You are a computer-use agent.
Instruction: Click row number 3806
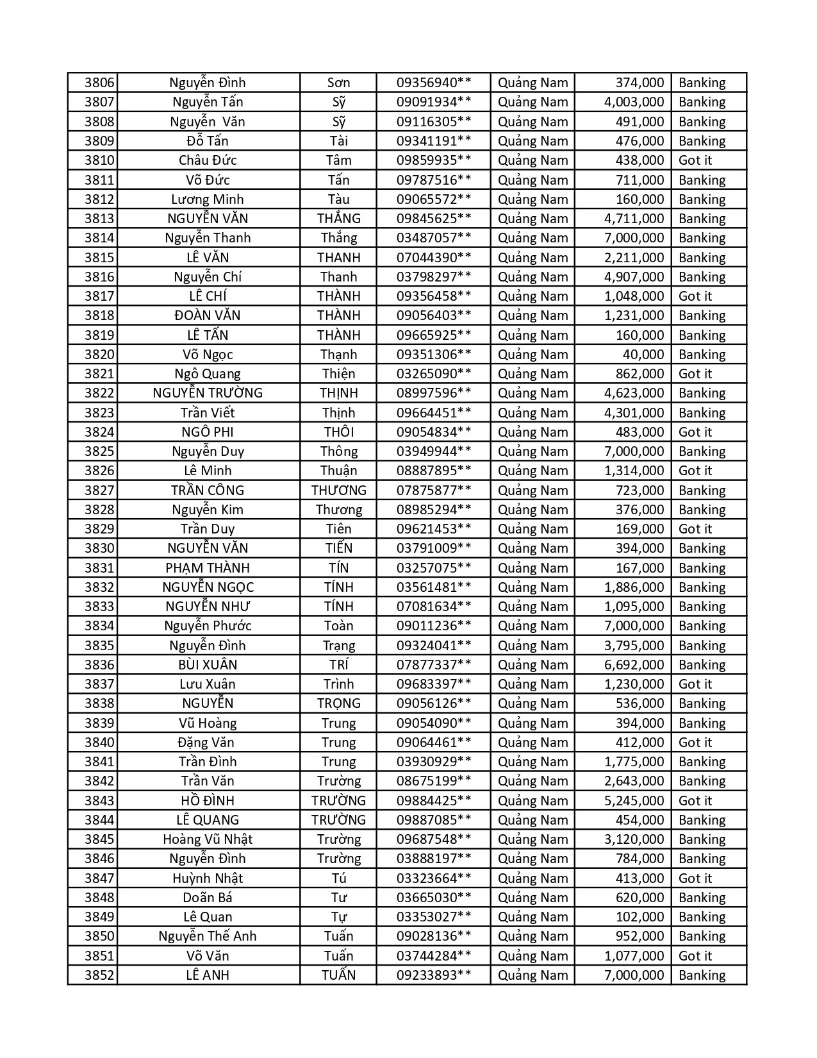tap(99, 83)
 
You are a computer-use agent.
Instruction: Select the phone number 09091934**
tap(434, 102)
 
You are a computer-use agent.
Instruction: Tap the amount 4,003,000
tap(634, 102)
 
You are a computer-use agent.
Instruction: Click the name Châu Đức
tap(208, 160)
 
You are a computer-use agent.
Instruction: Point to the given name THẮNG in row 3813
tap(338, 219)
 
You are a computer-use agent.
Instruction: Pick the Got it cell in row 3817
tap(695, 296)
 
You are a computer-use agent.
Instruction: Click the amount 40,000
tap(643, 355)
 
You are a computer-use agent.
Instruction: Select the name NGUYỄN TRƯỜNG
tap(208, 393)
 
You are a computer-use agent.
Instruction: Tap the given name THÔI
tap(338, 432)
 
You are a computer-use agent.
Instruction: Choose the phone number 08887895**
tap(434, 471)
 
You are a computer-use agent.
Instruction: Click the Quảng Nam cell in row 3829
tap(532, 529)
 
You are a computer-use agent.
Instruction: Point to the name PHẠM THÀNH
tap(208, 568)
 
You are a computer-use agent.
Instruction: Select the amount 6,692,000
tap(634, 665)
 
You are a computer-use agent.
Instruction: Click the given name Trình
tap(338, 684)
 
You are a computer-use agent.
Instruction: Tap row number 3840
tap(99, 743)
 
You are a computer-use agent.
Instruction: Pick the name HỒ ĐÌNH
tap(208, 801)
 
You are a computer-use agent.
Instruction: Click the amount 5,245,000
tap(634, 801)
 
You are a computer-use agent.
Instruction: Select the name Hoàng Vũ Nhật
tap(208, 839)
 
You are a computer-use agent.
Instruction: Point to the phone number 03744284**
tap(434, 956)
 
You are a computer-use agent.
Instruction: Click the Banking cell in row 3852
tap(702, 975)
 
